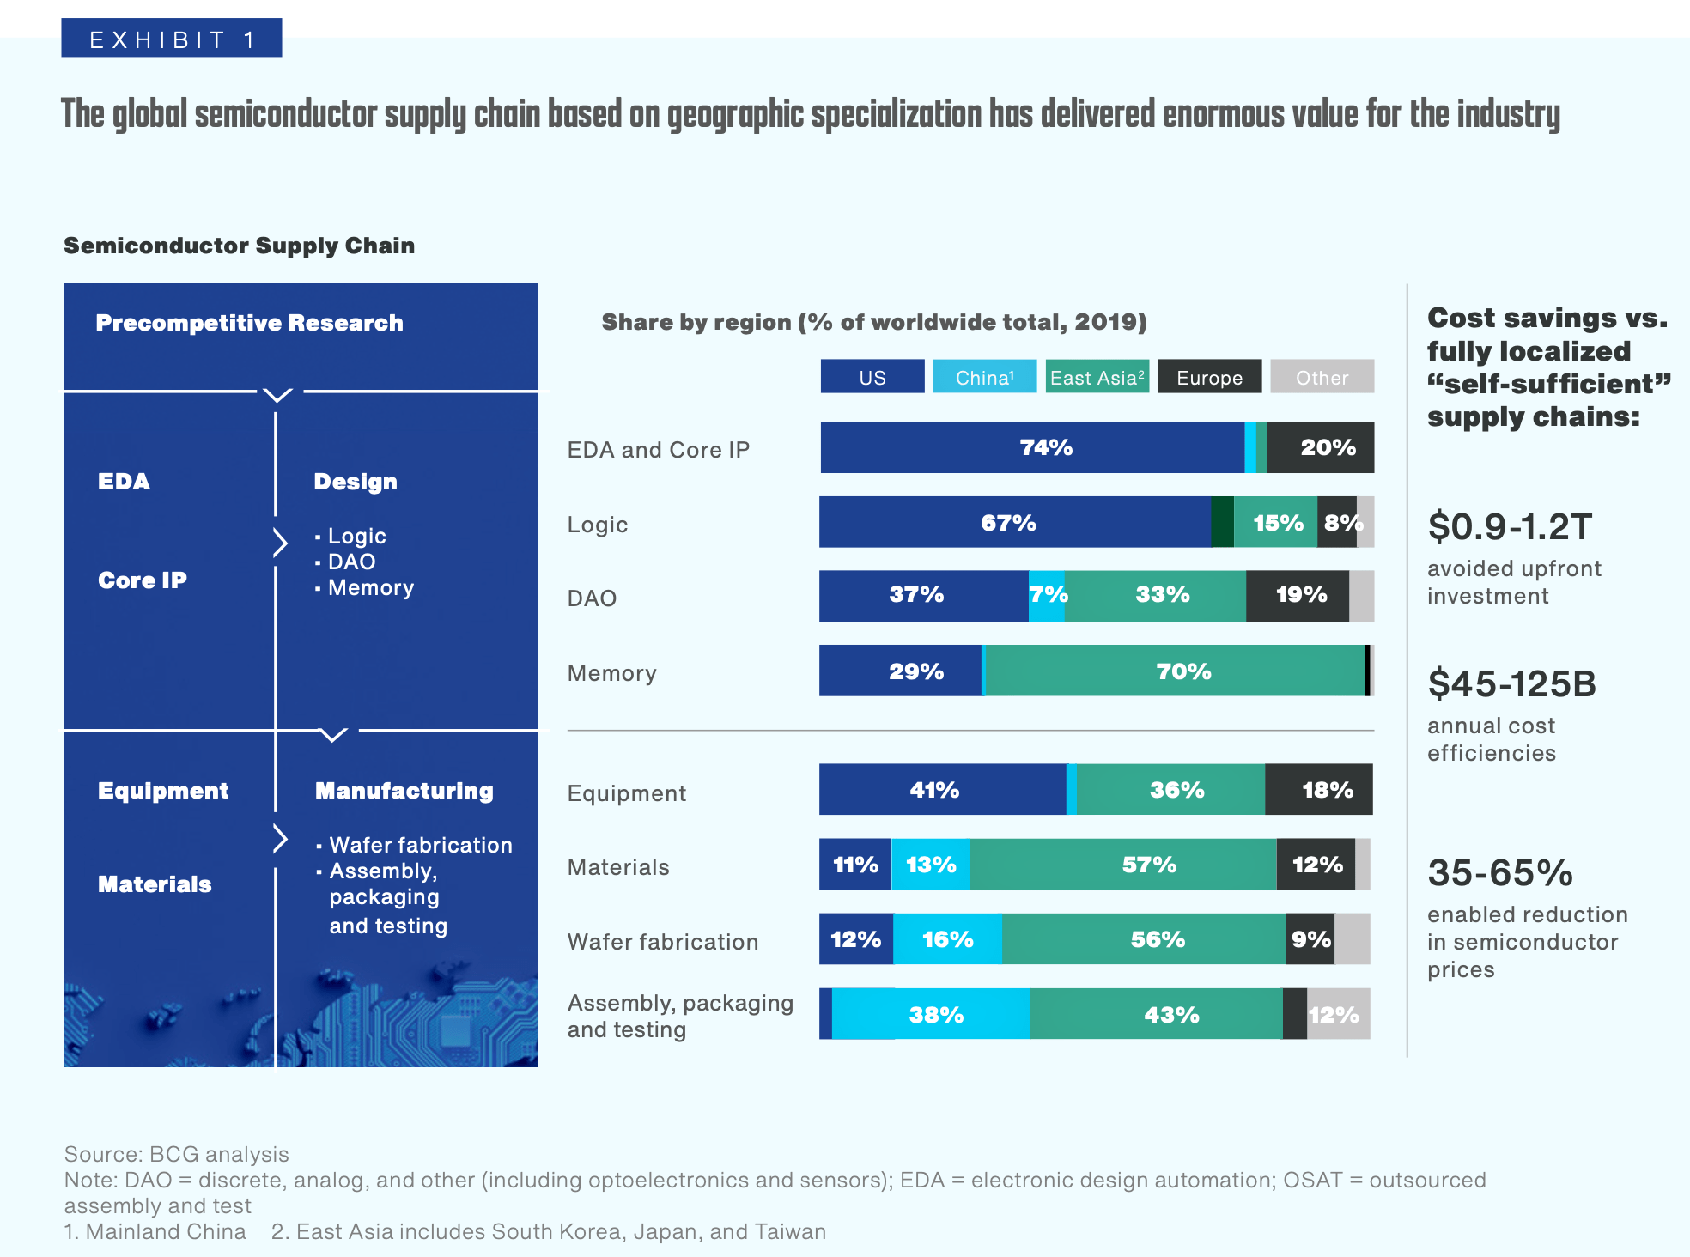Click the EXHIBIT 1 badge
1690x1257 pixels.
click(x=172, y=39)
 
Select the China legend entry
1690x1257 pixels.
click(x=984, y=377)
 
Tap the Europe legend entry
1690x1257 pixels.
click(x=1209, y=377)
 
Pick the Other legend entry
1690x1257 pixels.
click(x=1322, y=377)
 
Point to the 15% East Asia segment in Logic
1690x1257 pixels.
click(x=1276, y=522)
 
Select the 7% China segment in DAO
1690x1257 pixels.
click(x=1047, y=595)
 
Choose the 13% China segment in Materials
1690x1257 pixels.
click(x=931, y=864)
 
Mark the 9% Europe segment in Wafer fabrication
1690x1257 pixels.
click(x=1310, y=938)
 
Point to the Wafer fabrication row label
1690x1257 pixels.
click(x=663, y=942)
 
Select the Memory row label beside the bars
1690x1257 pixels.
click(x=612, y=673)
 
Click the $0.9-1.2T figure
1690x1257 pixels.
click(x=1510, y=526)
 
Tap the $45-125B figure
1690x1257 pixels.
click(x=1511, y=684)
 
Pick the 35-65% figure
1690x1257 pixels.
click(x=1500, y=873)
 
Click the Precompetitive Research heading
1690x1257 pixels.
click(x=249, y=323)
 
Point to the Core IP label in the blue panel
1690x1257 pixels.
click(x=143, y=580)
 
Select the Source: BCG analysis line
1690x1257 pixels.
click(x=176, y=1154)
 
